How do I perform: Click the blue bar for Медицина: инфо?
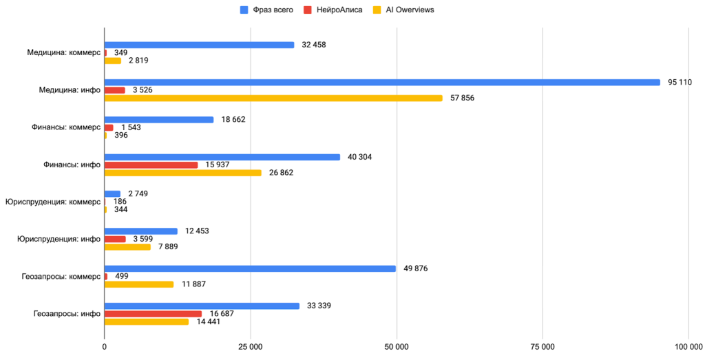(382, 83)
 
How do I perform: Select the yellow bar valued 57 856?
(273, 98)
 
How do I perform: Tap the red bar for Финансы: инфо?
(151, 165)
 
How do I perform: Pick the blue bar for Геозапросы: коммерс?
(250, 268)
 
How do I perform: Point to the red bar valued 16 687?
(153, 314)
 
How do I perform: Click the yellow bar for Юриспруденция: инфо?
(127, 246)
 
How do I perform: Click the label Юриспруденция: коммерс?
(53, 202)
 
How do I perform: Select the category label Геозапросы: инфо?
(67, 313)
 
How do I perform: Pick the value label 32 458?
(313, 45)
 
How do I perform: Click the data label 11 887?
(193, 284)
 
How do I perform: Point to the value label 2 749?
(139, 194)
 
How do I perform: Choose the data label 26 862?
(282, 172)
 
